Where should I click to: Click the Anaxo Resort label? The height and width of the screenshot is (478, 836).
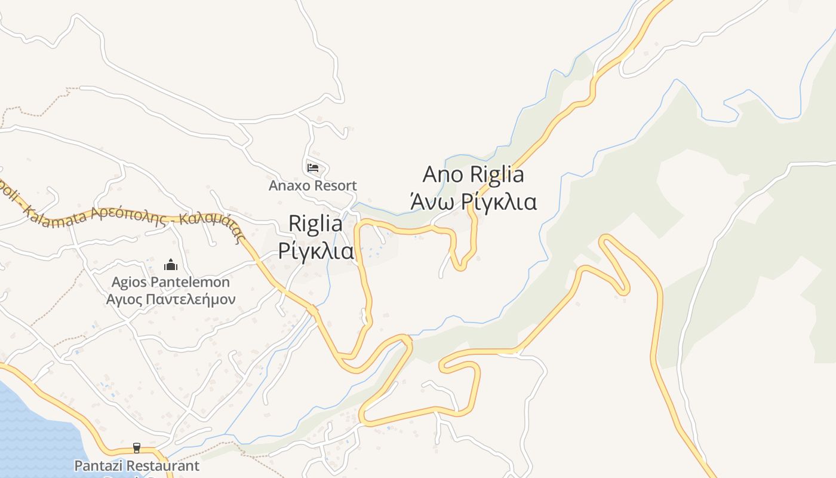coord(312,185)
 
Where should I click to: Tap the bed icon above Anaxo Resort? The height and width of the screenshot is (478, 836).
coord(312,168)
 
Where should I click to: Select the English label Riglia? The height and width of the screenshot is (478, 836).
coord(315,223)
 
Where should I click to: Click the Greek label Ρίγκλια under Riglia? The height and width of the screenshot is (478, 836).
coord(316,251)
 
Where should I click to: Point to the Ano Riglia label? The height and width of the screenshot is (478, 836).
coord(473,174)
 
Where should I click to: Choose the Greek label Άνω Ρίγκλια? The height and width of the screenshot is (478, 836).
coord(473,202)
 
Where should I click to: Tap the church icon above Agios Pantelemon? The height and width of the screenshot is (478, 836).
coord(171,264)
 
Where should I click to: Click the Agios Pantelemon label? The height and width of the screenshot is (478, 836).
coord(171,281)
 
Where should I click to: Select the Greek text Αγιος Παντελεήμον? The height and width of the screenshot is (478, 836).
coord(171,299)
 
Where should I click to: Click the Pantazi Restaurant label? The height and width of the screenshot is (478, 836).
coord(137,465)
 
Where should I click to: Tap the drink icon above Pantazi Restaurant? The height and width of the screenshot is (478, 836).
coord(137,448)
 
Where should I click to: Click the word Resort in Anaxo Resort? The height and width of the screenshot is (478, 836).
coord(335,185)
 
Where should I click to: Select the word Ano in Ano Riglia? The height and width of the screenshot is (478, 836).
coord(444,174)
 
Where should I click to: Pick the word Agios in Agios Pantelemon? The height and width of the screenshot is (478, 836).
coord(129,281)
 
